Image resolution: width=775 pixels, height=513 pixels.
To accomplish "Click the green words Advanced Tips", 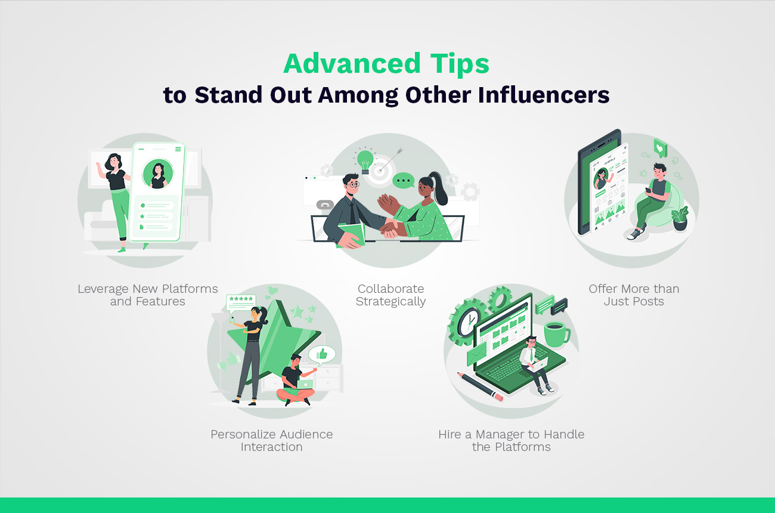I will [x=386, y=64].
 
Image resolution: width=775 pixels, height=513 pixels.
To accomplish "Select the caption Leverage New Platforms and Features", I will [x=148, y=295].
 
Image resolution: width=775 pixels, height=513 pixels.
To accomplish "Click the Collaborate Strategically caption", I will [x=390, y=295].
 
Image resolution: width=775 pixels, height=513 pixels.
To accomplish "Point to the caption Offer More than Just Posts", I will [x=634, y=295].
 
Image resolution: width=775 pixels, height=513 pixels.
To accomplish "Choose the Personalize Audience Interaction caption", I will [x=271, y=440].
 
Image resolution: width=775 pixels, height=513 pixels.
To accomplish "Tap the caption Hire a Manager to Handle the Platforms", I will [x=511, y=440].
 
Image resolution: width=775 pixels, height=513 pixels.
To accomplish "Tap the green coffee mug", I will [x=556, y=333].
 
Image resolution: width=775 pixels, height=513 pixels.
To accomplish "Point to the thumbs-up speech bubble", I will [x=322, y=355].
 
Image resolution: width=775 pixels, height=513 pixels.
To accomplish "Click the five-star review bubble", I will [x=240, y=301].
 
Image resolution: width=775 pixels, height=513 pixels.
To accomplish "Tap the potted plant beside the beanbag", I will [x=679, y=218].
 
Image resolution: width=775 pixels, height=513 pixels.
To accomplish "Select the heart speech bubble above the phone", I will [x=660, y=146].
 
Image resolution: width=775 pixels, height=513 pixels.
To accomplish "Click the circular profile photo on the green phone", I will [x=158, y=174].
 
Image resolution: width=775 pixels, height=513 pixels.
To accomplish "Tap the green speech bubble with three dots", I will [x=404, y=180].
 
